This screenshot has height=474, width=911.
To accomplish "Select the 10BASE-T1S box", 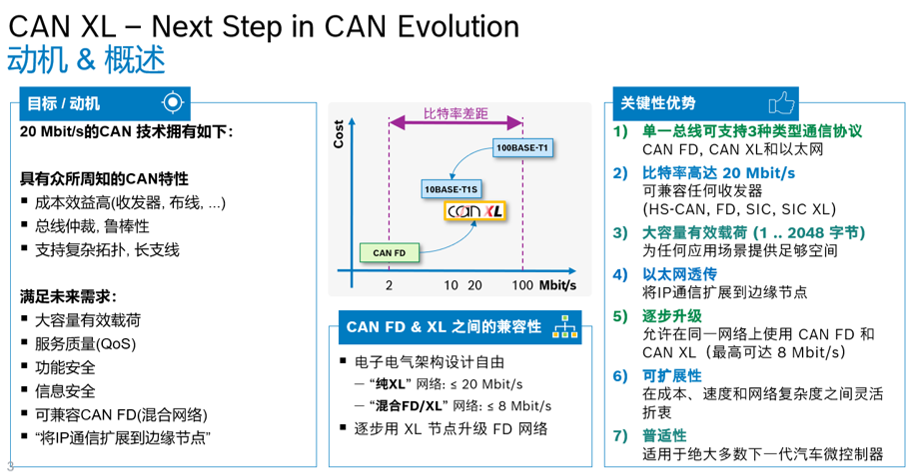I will point(453,187).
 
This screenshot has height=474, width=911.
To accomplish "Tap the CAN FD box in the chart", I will point(389,253).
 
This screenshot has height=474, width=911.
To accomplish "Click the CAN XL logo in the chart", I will point(478,212).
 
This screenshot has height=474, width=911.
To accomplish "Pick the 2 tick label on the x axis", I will point(390,286).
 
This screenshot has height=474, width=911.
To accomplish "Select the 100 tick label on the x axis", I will point(520,286).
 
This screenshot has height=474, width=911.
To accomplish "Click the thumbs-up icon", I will point(781,103).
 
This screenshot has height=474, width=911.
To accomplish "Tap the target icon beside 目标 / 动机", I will point(173,103).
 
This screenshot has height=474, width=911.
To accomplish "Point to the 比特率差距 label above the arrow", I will point(455,113).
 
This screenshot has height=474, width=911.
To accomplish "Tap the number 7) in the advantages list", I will point(620,435).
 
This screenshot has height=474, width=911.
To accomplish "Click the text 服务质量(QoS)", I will point(85,343).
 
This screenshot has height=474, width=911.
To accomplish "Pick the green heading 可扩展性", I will point(671,375).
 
